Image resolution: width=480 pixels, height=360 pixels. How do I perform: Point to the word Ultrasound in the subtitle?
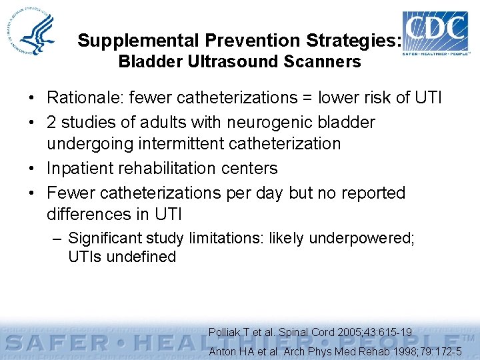coord(237,62)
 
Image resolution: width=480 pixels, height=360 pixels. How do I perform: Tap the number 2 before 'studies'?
coord(51,122)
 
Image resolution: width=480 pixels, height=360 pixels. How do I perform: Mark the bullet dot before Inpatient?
coord(33,169)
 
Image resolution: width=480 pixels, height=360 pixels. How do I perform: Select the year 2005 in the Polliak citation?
coord(350,331)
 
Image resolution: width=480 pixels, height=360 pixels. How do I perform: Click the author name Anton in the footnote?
coord(223,351)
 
